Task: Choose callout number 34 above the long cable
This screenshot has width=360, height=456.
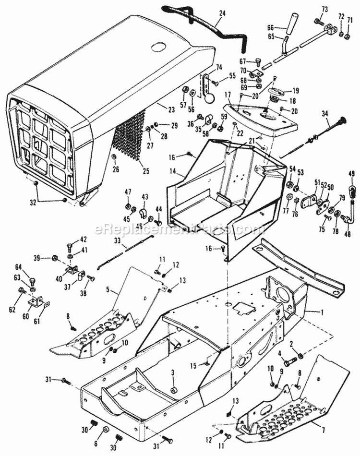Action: click(325, 113)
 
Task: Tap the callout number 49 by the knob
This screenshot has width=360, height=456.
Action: click(351, 174)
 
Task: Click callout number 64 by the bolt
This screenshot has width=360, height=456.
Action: click(32, 267)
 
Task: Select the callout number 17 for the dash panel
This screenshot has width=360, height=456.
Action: click(228, 95)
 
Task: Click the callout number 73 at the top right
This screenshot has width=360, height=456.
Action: click(324, 10)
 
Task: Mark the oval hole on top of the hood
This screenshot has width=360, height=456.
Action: click(158, 47)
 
